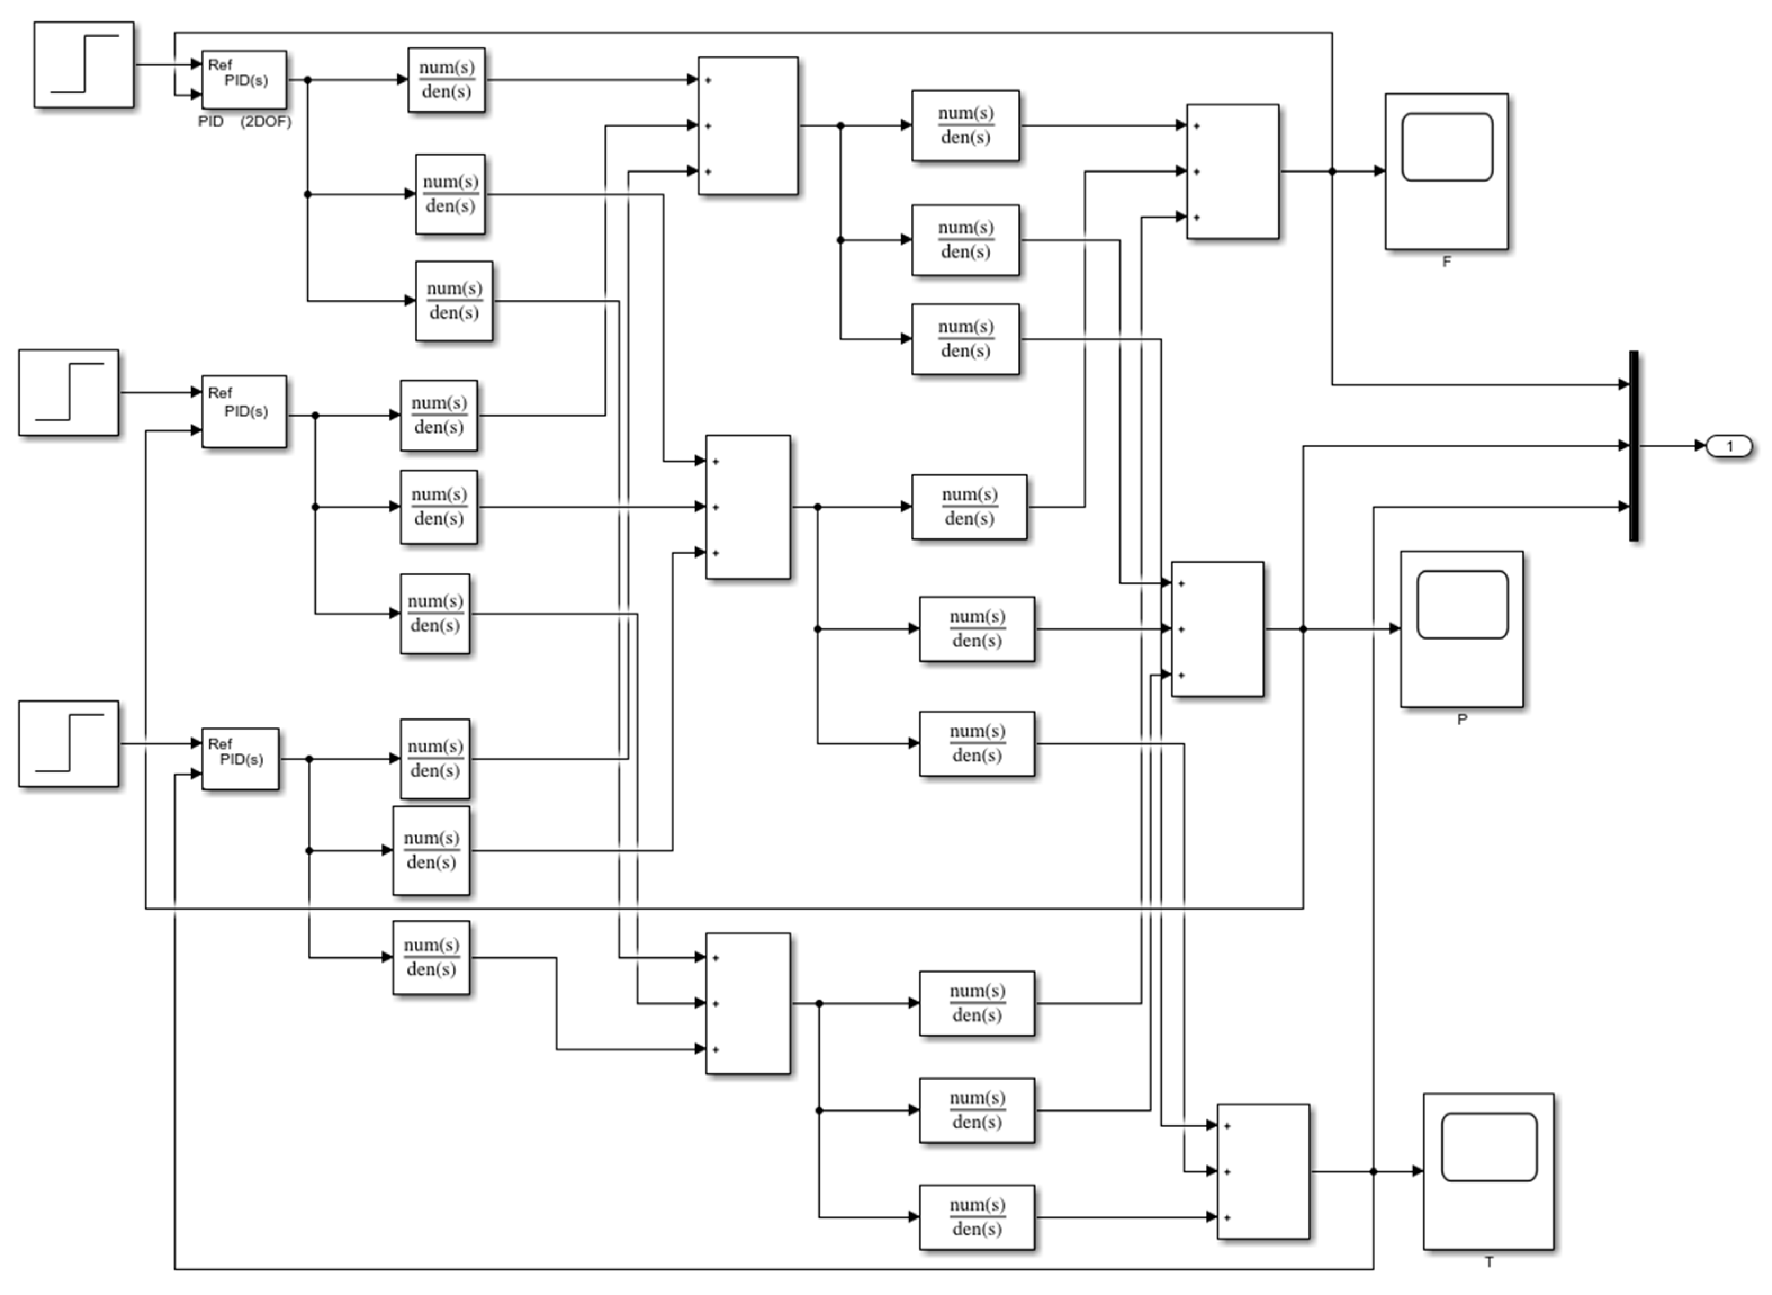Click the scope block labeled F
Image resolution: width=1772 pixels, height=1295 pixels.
(x=1446, y=171)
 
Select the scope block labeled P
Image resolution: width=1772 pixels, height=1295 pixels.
(x=1461, y=629)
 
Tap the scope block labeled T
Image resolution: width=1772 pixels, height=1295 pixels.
(x=1488, y=1171)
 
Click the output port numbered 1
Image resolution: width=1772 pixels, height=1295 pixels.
(x=1730, y=446)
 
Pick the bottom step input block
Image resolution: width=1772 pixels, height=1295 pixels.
(x=69, y=743)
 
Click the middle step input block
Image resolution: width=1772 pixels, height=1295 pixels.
(x=69, y=392)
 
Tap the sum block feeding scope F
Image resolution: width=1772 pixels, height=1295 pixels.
(x=1233, y=171)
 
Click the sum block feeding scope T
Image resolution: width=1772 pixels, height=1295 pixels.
(x=1262, y=1171)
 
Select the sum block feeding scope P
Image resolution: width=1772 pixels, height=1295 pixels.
(x=1217, y=629)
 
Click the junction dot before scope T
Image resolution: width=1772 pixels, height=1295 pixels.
(x=1373, y=1171)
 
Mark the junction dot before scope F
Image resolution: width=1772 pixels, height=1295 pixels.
(x=1332, y=171)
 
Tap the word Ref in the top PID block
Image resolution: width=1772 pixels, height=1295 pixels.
(x=219, y=64)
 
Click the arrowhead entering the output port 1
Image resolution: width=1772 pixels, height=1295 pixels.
(x=1700, y=446)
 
